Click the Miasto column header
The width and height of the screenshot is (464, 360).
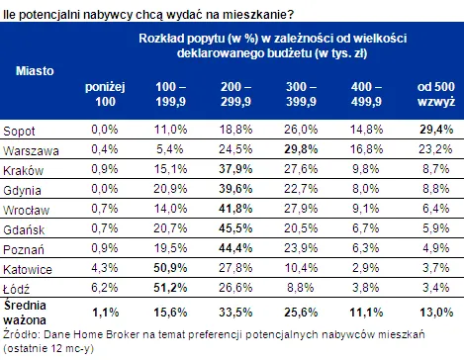[35, 71]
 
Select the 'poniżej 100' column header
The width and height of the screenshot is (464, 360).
[105, 94]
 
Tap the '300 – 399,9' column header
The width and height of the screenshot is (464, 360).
[301, 94]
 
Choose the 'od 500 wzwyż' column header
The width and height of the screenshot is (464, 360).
[436, 94]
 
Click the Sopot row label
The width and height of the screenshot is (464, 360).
[19, 132]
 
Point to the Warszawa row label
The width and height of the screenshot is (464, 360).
[31, 151]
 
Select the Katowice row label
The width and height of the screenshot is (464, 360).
[28, 270]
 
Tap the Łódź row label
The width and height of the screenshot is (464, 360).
[16, 289]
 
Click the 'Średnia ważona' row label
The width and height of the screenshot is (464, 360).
[25, 313]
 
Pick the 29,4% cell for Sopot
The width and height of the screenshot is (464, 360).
[436, 130]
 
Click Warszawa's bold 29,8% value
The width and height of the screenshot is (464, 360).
[301, 149]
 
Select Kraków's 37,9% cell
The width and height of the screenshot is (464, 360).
[235, 169]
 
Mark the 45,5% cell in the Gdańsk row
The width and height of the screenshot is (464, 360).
[235, 228]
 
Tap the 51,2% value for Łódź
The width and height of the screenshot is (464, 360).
[170, 288]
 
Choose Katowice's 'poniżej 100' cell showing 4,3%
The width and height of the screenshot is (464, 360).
[105, 268]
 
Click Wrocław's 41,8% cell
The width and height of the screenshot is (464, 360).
[235, 209]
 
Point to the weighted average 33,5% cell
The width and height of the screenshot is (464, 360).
[235, 313]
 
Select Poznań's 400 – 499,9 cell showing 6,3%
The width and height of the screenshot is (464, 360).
[366, 248]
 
